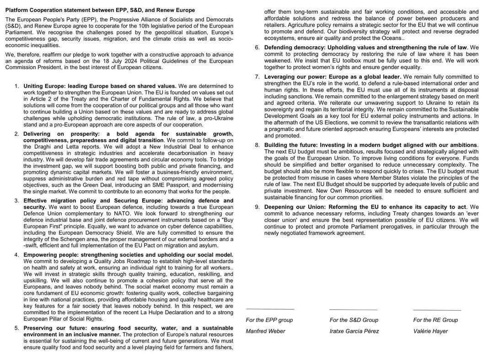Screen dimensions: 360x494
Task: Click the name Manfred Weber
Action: tap(265, 331)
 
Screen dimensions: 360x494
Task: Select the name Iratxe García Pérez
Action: tap(354, 331)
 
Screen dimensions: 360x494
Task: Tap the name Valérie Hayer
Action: tap(430, 331)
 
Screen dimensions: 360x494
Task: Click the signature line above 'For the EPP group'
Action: tap(270, 310)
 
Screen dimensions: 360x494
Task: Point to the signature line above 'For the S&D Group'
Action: tap(353, 310)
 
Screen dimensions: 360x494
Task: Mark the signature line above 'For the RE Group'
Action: tap(437, 311)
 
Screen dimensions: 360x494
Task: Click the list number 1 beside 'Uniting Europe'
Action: tap(16, 86)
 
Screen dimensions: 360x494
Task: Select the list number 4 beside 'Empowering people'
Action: tap(16, 255)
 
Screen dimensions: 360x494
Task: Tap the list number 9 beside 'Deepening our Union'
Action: tap(258, 207)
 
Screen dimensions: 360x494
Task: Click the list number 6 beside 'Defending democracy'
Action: tap(258, 47)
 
